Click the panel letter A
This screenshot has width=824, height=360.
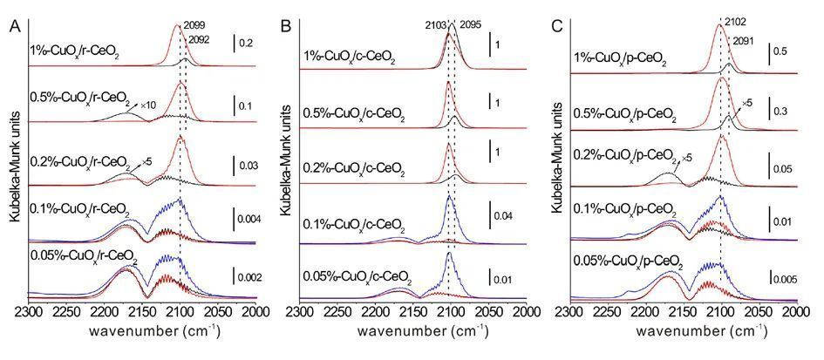[15, 27]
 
